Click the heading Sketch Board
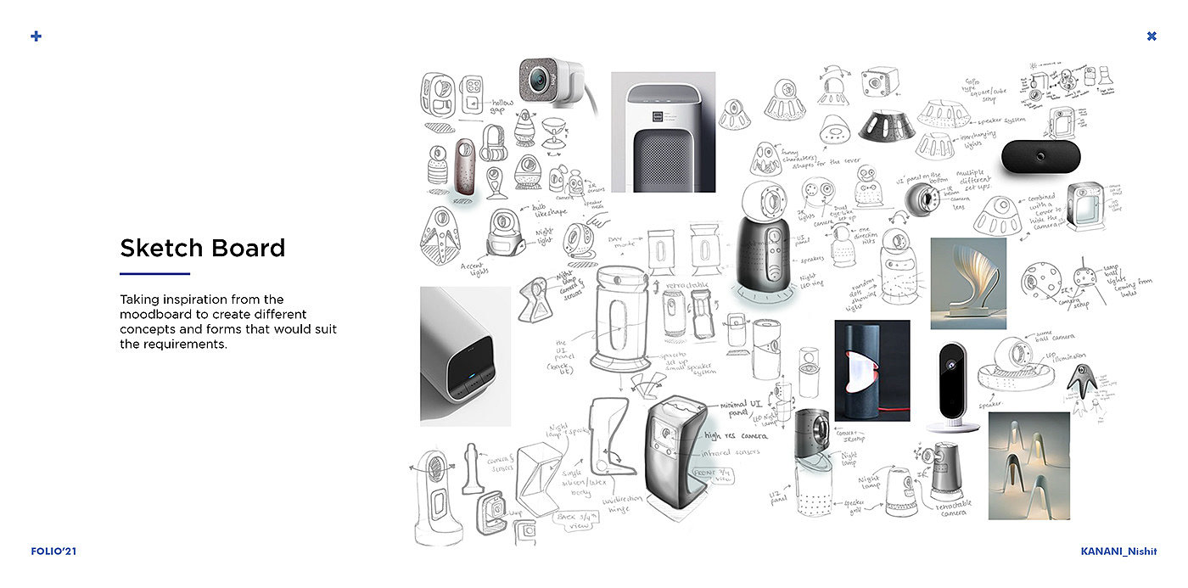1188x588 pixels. pyautogui.click(x=202, y=248)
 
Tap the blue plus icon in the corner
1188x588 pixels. pyautogui.click(x=36, y=36)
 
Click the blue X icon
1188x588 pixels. pyautogui.click(x=1152, y=36)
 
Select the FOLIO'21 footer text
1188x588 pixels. pyautogui.click(x=53, y=552)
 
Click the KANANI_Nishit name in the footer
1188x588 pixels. pyautogui.click(x=1118, y=552)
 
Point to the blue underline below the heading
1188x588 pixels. pyautogui.click(x=154, y=273)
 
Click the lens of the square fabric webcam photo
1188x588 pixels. pyautogui.click(x=538, y=81)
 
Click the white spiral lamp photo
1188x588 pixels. pyautogui.click(x=968, y=283)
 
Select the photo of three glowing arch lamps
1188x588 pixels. pyautogui.click(x=1028, y=465)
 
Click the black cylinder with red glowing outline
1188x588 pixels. pyautogui.click(x=871, y=371)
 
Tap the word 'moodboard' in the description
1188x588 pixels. pyautogui.click(x=158, y=315)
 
